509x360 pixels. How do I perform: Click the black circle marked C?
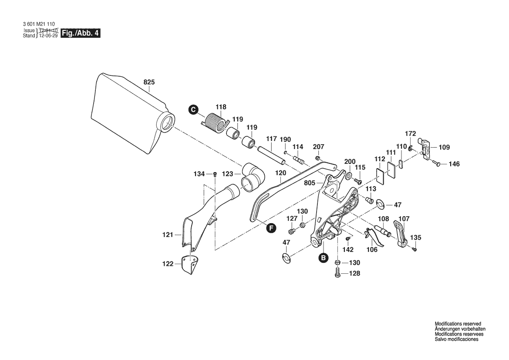[x=193, y=109]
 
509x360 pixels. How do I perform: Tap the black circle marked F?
[x=271, y=228]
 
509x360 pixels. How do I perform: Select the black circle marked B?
[x=323, y=258]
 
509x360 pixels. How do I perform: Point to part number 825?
[x=149, y=82]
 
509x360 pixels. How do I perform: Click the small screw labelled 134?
[x=215, y=174]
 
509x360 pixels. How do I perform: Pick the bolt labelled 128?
[x=338, y=274]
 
